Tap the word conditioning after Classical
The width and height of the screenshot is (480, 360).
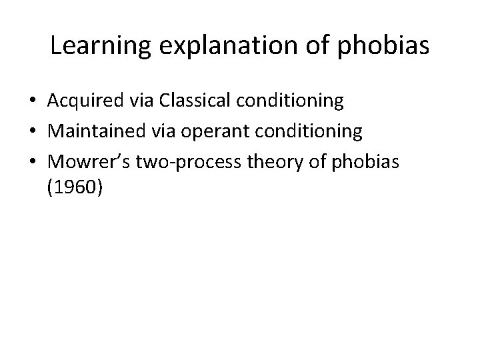point(293,101)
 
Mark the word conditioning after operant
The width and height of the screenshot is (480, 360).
point(312,132)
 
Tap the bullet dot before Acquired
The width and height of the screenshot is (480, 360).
point(32,102)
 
